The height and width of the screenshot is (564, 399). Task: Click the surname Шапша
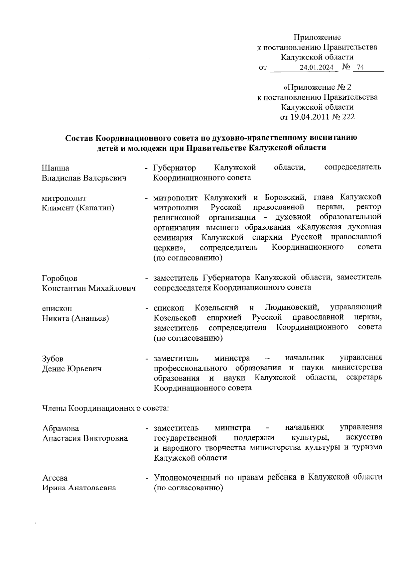(56, 168)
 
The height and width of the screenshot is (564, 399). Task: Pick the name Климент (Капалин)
(78, 208)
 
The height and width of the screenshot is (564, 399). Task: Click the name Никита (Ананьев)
(75, 318)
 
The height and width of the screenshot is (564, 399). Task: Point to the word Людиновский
(292, 308)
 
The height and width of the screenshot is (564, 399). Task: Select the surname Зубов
(53, 359)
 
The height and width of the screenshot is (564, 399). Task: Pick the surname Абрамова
(61, 429)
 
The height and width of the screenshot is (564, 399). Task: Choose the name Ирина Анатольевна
(79, 488)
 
